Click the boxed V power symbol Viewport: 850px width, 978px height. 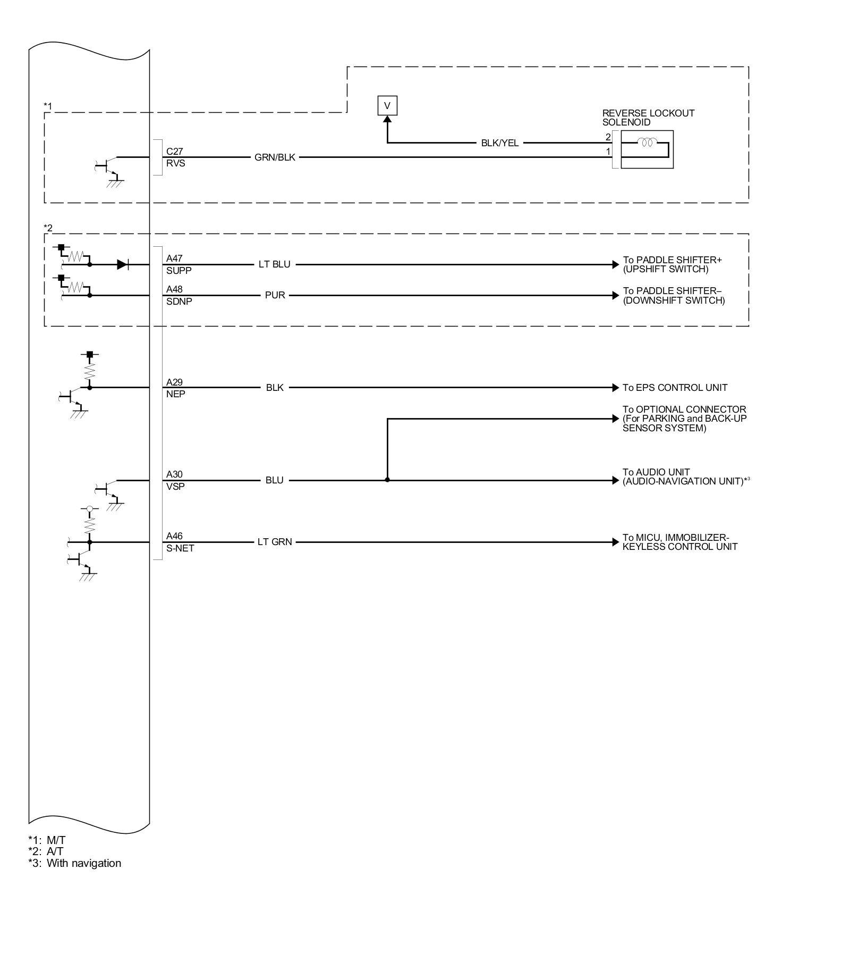coord(387,105)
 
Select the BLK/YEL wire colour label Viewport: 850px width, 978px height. coord(499,143)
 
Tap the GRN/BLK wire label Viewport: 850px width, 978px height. coord(275,157)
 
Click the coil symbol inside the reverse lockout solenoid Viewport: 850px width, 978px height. coord(647,143)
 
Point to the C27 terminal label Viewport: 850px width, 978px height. coord(174,152)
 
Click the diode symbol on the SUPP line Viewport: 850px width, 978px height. coord(123,264)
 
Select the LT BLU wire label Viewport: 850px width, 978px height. coord(274,264)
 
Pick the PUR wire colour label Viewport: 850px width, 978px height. coord(275,295)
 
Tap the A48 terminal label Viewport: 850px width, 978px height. coord(174,289)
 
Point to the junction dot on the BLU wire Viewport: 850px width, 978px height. coord(387,480)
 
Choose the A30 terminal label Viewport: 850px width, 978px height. coord(174,474)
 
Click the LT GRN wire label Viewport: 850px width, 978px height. coord(275,542)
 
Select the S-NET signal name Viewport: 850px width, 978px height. coord(180,548)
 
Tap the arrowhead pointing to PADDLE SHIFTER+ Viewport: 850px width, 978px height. coord(616,264)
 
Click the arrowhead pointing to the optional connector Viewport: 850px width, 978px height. coord(616,419)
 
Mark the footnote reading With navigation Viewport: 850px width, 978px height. coord(84,863)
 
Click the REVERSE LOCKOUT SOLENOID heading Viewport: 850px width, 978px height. coord(648,118)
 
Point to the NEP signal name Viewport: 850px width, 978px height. coord(175,394)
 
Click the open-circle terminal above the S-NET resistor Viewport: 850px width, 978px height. coord(90,509)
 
